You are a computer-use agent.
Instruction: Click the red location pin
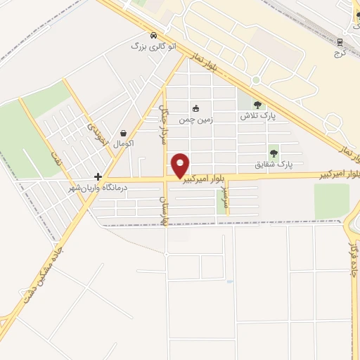[x=181, y=165]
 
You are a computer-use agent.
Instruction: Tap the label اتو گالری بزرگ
[x=153, y=46]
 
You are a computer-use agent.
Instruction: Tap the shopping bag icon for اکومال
[x=124, y=133]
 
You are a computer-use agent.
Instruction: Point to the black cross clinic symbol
[x=98, y=176]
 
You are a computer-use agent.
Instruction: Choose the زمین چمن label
[x=195, y=120]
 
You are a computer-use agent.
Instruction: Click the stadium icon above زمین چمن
[x=195, y=109]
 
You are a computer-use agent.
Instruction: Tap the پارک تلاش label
[x=257, y=116]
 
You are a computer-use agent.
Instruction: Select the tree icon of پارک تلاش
[x=257, y=105]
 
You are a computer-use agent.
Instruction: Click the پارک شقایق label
[x=273, y=165]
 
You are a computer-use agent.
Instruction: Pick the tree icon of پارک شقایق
[x=274, y=153]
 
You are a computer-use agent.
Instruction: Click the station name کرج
[x=341, y=53]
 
